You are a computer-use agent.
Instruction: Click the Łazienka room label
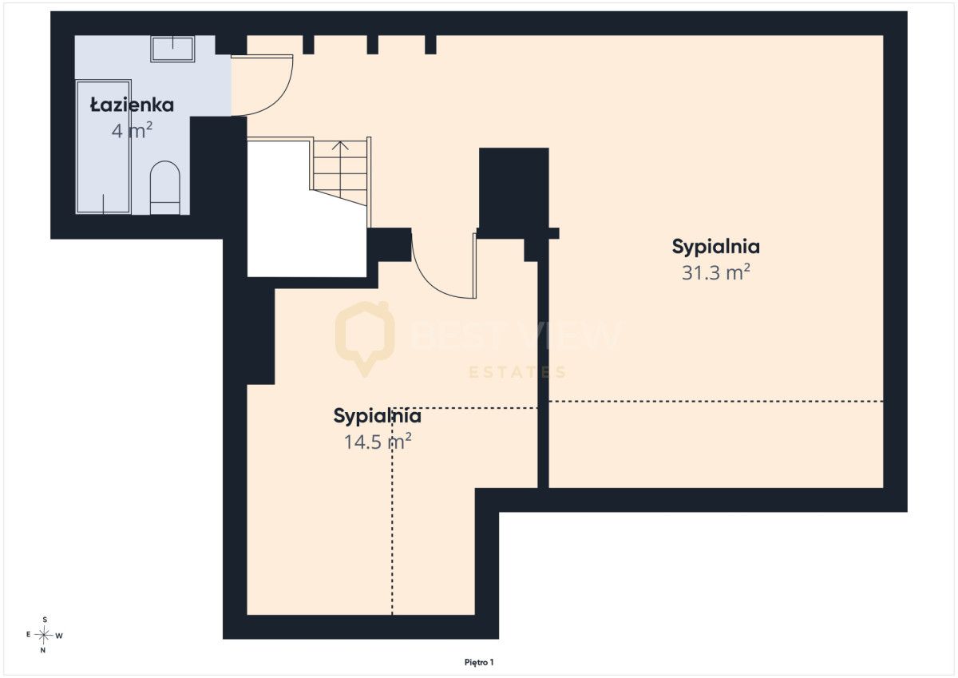pyautogui.click(x=132, y=105)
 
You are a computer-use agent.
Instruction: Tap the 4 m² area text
pyautogui.click(x=132, y=130)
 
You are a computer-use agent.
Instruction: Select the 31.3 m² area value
pyautogui.click(x=715, y=272)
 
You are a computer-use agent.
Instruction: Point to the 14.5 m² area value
pyautogui.click(x=378, y=441)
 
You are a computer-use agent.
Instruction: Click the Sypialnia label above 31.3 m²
pyautogui.click(x=715, y=247)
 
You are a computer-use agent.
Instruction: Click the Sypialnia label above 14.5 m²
pyautogui.click(x=377, y=416)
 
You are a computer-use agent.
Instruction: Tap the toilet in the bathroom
pyautogui.click(x=164, y=188)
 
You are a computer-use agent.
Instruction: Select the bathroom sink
pyautogui.click(x=172, y=50)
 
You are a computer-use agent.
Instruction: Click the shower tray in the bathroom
pyautogui.click(x=103, y=147)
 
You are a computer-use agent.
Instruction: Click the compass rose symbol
pyautogui.click(x=44, y=635)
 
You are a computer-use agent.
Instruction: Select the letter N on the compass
pyautogui.click(x=43, y=651)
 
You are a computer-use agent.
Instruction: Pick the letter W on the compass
pyautogui.click(x=59, y=636)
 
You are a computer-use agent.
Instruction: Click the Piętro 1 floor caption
pyautogui.click(x=479, y=663)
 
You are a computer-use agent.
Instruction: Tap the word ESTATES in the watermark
pyautogui.click(x=517, y=372)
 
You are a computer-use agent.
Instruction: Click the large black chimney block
pyautogui.click(x=513, y=192)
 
